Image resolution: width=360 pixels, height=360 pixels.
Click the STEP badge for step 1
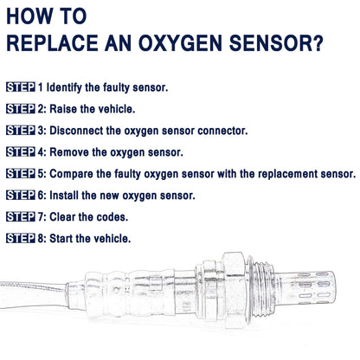pyautogui.click(x=20, y=87)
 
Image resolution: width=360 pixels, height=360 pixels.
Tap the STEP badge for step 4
pyautogui.click(x=20, y=151)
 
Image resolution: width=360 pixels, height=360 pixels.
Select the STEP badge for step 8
pyautogui.click(x=20, y=238)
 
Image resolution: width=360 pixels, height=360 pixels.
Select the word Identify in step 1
pyautogui.click(x=66, y=87)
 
